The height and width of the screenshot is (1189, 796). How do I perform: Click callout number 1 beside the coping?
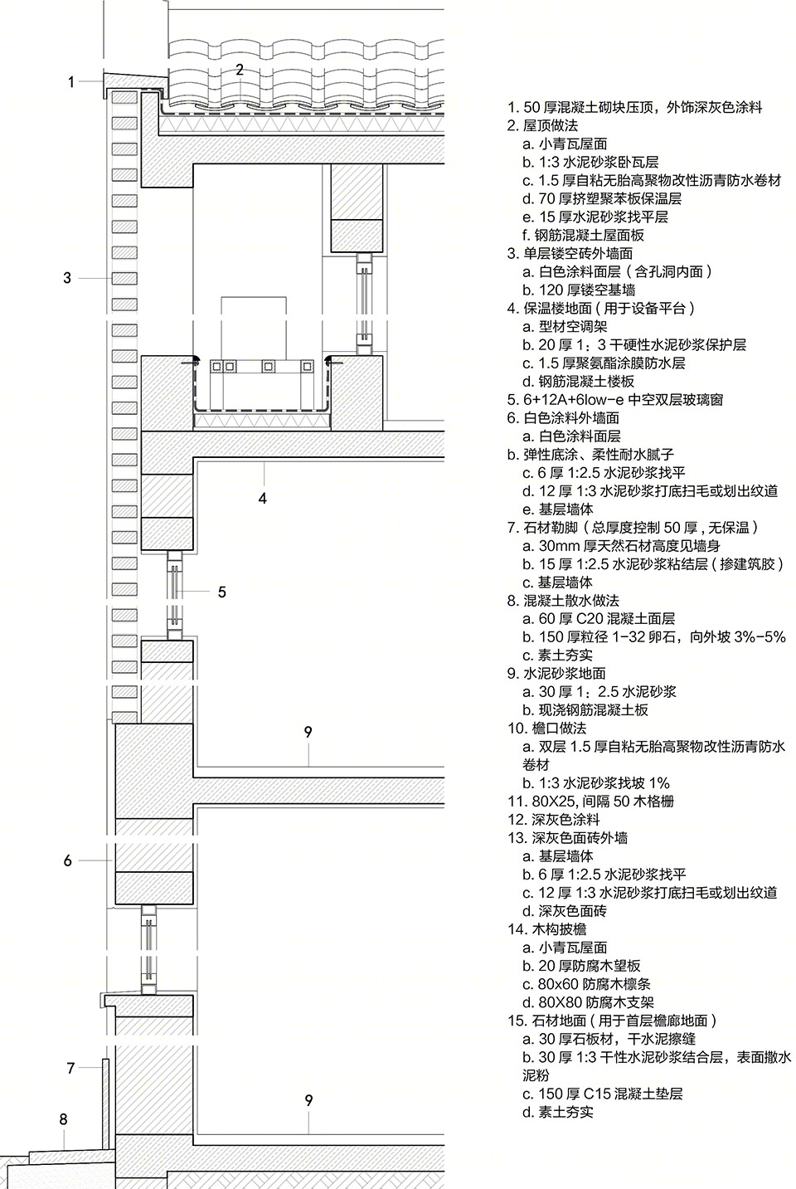(x=71, y=82)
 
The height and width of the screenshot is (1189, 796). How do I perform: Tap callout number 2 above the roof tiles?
(x=240, y=70)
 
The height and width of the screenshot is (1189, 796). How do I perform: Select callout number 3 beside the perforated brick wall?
(x=67, y=278)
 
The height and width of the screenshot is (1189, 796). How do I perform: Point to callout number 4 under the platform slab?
(x=263, y=499)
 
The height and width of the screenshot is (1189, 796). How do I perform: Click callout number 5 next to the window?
(x=222, y=592)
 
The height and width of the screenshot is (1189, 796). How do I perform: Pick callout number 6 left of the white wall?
(x=67, y=860)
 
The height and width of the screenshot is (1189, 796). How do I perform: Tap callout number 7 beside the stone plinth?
(x=70, y=1068)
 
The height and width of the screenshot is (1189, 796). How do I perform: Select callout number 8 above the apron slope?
(x=63, y=1119)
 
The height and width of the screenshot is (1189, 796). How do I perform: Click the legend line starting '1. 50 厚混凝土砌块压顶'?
(x=635, y=107)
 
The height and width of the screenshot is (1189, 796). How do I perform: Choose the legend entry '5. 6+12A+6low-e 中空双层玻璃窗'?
(x=615, y=400)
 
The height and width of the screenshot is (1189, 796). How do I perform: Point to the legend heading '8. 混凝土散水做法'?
(x=563, y=601)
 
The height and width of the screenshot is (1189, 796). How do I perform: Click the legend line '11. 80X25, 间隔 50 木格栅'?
(x=590, y=801)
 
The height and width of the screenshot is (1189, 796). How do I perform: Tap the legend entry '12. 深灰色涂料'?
(x=554, y=820)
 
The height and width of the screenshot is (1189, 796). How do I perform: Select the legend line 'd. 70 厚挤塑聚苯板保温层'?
(x=602, y=198)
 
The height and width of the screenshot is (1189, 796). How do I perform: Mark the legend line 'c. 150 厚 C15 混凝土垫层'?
(x=603, y=1094)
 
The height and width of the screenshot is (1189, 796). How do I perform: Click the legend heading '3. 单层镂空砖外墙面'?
(x=570, y=253)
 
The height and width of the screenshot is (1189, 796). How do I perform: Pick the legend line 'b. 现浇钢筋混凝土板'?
(x=585, y=709)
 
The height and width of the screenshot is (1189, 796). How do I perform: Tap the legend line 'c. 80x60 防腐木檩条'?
(x=586, y=984)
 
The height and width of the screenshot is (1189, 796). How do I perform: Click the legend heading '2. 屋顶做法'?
(x=542, y=126)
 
